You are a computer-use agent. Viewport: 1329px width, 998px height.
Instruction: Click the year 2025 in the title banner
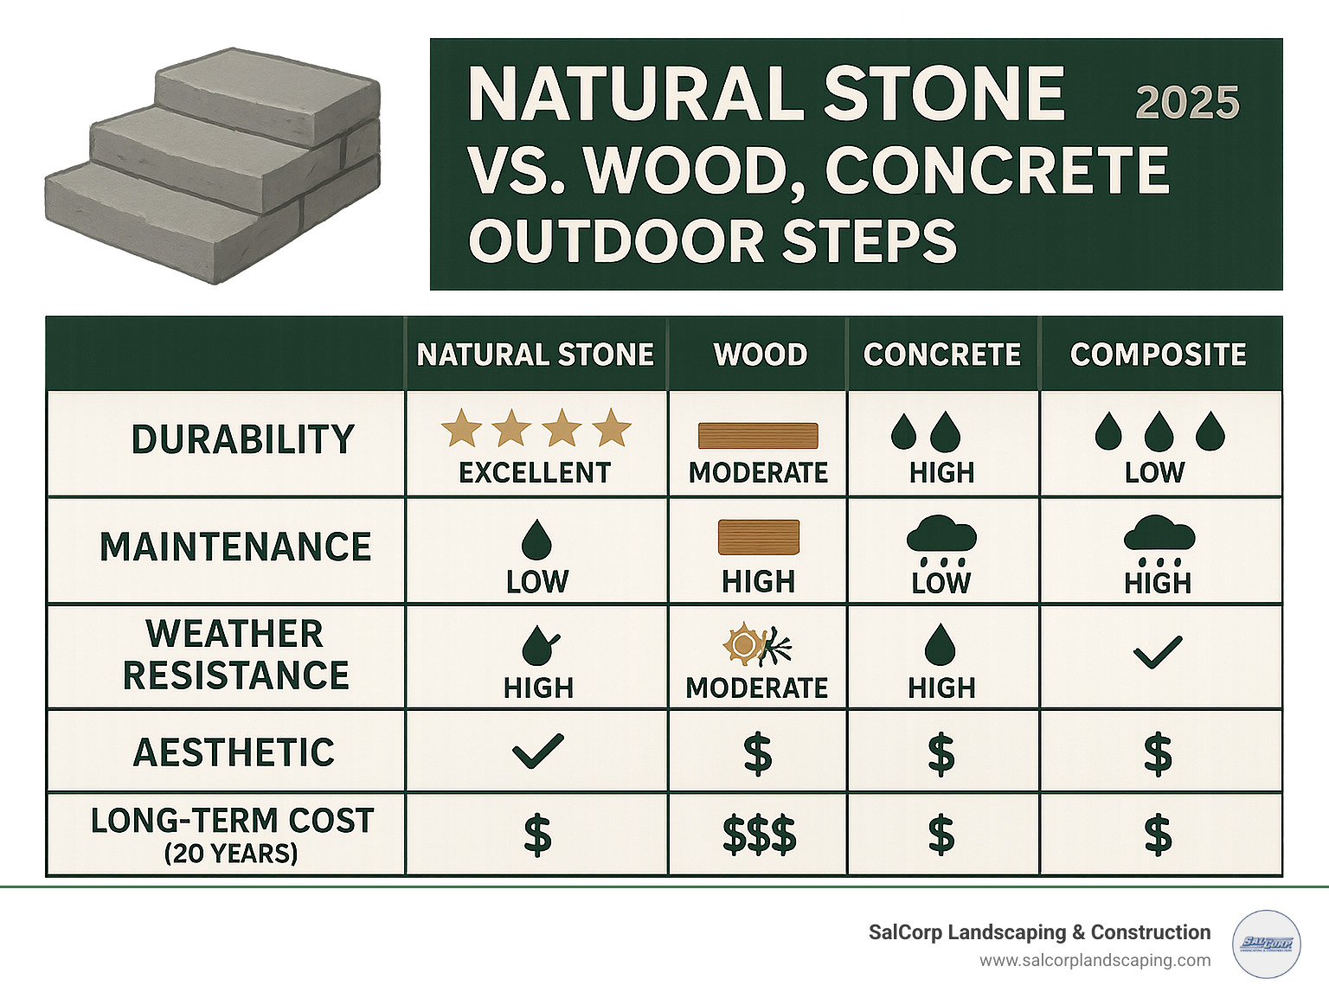1187,103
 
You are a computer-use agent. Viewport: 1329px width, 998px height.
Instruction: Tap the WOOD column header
760,355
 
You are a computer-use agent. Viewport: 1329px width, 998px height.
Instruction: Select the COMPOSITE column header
1158,355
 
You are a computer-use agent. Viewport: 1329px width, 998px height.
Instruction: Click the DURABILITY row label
243,440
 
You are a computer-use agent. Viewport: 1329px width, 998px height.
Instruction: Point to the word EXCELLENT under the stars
535,473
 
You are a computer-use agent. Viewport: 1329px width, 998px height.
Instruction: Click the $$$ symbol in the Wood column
759,835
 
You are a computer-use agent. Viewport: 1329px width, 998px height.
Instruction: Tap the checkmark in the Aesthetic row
537,751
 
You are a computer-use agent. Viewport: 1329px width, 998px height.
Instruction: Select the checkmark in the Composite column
1157,653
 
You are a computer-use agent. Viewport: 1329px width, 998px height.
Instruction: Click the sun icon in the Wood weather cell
742,644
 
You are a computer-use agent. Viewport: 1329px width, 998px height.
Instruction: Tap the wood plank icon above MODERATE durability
758,436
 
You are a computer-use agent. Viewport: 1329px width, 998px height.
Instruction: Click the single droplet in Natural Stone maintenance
536,540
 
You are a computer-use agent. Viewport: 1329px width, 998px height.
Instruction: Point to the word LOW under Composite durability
1154,473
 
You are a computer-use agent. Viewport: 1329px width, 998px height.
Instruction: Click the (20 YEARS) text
231,854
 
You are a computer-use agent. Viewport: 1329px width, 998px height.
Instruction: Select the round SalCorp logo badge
1266,944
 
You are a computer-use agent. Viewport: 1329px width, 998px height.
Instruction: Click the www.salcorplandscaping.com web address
1095,961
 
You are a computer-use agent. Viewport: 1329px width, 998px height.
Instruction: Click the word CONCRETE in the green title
997,170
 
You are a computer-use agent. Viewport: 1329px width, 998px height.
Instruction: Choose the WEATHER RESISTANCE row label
235,655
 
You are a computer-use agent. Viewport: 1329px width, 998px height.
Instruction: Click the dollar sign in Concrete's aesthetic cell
941,753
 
